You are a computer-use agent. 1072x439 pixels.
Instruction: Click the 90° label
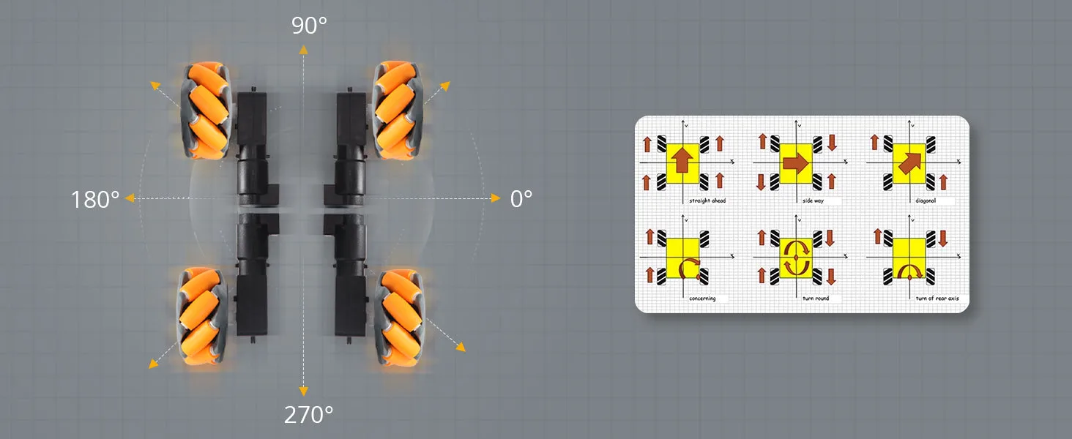[309, 26]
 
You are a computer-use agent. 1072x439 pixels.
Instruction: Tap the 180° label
[95, 200]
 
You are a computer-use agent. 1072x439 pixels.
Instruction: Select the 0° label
[521, 199]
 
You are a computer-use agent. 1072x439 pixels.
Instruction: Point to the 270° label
[309, 415]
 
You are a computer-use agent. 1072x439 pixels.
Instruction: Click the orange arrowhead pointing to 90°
[303, 49]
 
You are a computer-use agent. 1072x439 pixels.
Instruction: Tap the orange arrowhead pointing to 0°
[496, 198]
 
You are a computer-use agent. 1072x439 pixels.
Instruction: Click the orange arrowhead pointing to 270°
[303, 391]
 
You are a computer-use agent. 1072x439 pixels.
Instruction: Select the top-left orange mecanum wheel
[206, 110]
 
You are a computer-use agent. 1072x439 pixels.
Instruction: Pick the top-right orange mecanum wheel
[397, 110]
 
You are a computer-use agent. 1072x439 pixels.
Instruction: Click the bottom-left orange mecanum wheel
[202, 316]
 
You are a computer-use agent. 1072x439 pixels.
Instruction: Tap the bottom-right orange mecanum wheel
[400, 318]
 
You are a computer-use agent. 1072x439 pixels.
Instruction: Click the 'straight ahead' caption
[707, 201]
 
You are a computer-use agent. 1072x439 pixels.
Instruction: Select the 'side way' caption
[813, 201]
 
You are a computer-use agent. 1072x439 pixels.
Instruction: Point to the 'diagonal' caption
[926, 201]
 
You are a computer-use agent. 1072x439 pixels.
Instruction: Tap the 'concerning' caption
[702, 299]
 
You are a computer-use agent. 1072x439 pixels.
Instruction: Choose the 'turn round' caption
[816, 299]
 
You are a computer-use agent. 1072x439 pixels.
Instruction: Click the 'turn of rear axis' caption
[937, 299]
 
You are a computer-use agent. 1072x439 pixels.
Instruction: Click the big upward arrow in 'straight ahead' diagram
[682, 160]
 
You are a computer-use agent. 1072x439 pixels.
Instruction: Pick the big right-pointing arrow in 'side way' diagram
[796, 163]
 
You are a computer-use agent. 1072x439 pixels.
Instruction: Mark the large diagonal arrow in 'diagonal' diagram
[910, 163]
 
